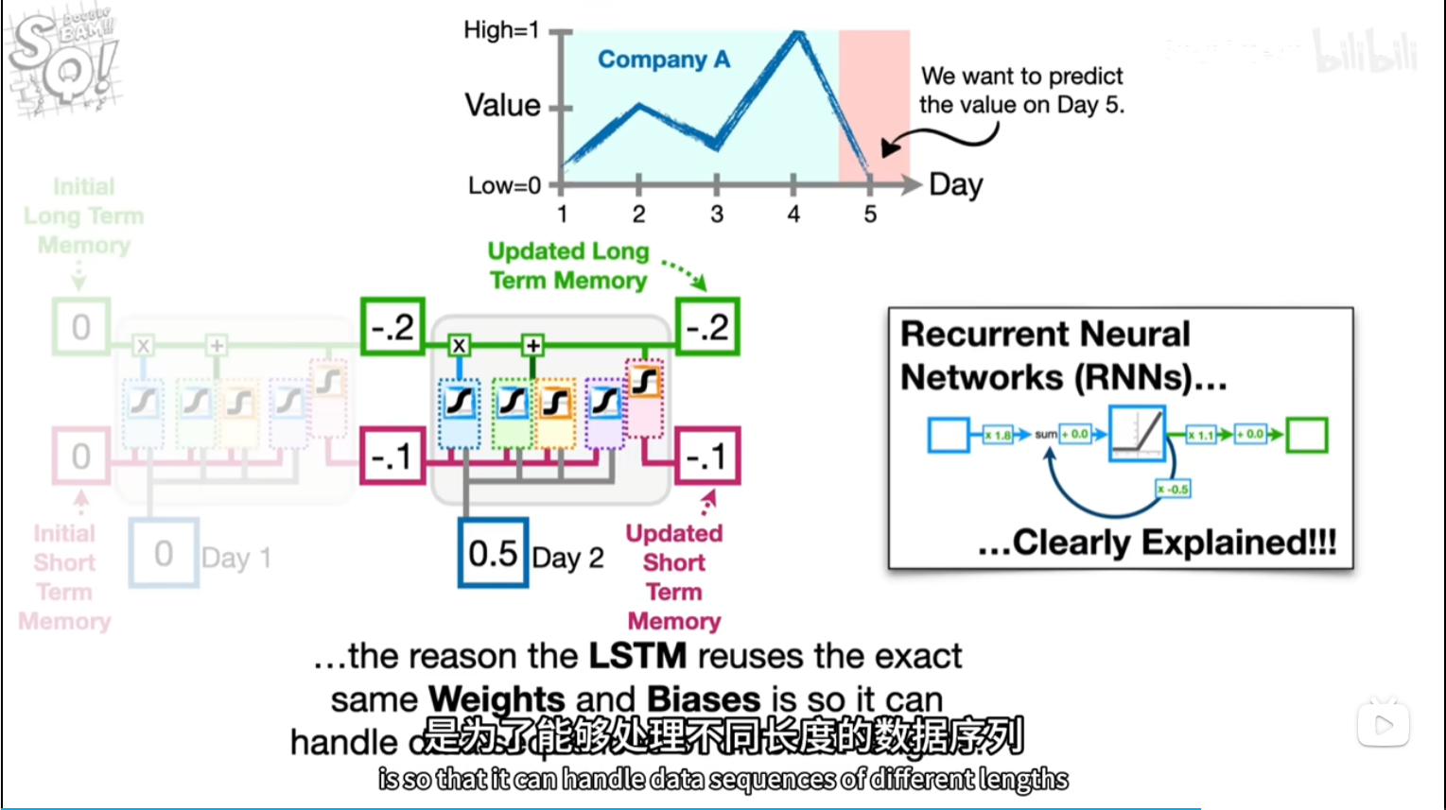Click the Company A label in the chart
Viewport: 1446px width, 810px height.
click(x=664, y=60)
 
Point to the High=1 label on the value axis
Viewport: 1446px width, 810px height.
click(x=501, y=30)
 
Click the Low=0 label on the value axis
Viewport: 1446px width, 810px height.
click(x=504, y=185)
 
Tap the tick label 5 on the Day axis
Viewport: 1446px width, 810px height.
click(x=870, y=215)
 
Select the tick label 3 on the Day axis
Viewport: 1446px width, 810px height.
click(x=717, y=215)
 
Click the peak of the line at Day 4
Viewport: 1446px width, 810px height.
click(x=798, y=35)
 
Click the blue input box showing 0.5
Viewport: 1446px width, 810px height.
click(x=493, y=554)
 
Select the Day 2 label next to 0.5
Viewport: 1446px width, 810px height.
click(x=567, y=558)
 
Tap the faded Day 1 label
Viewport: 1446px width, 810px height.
click(x=236, y=558)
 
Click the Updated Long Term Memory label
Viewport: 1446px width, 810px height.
click(x=568, y=266)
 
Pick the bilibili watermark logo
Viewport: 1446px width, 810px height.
click(x=1366, y=52)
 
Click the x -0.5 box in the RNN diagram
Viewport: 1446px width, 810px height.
click(x=1173, y=489)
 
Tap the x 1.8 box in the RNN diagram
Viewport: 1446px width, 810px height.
click(x=998, y=435)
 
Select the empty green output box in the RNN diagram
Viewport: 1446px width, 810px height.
click(x=1307, y=435)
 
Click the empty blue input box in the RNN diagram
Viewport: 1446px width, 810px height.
click(x=949, y=435)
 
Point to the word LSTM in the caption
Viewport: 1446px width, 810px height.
click(x=637, y=656)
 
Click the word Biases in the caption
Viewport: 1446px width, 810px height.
click(x=704, y=699)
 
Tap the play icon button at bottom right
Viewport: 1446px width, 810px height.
click(x=1384, y=725)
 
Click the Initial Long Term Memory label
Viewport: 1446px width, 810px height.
click(x=84, y=216)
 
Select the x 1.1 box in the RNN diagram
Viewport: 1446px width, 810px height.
click(x=1200, y=435)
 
